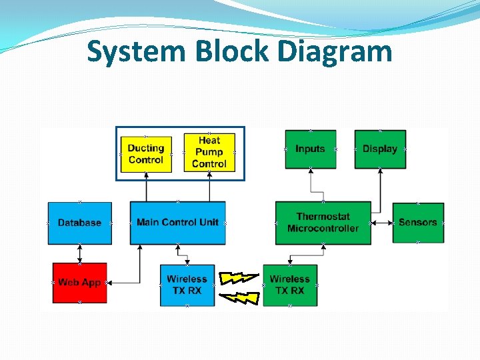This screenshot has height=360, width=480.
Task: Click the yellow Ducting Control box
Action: click(x=145, y=154)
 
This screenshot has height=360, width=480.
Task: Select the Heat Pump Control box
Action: click(x=209, y=152)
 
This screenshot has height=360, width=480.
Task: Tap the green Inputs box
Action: click(x=310, y=149)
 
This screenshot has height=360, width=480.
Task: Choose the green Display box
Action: click(x=380, y=149)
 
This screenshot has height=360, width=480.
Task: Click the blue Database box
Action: click(x=79, y=223)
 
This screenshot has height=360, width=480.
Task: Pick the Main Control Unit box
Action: click(x=177, y=223)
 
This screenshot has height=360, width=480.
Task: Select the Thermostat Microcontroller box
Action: click(x=323, y=223)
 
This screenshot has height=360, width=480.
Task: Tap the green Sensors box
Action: click(x=418, y=223)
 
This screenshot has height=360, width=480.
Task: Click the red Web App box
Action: click(x=79, y=283)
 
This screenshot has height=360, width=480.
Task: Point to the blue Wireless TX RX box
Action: click(x=187, y=285)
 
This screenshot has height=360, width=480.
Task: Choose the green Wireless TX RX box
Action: click(x=290, y=285)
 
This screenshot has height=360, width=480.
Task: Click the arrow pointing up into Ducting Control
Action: click(x=145, y=187)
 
